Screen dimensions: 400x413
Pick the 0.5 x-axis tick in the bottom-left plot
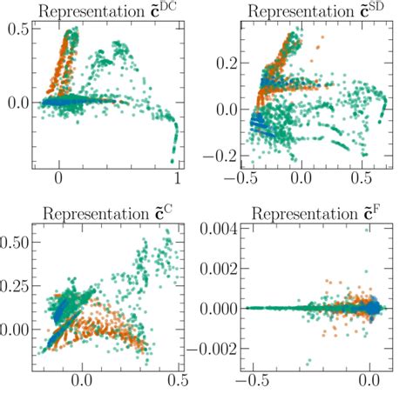(178, 380)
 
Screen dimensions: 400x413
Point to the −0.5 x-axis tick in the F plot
(249, 380)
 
